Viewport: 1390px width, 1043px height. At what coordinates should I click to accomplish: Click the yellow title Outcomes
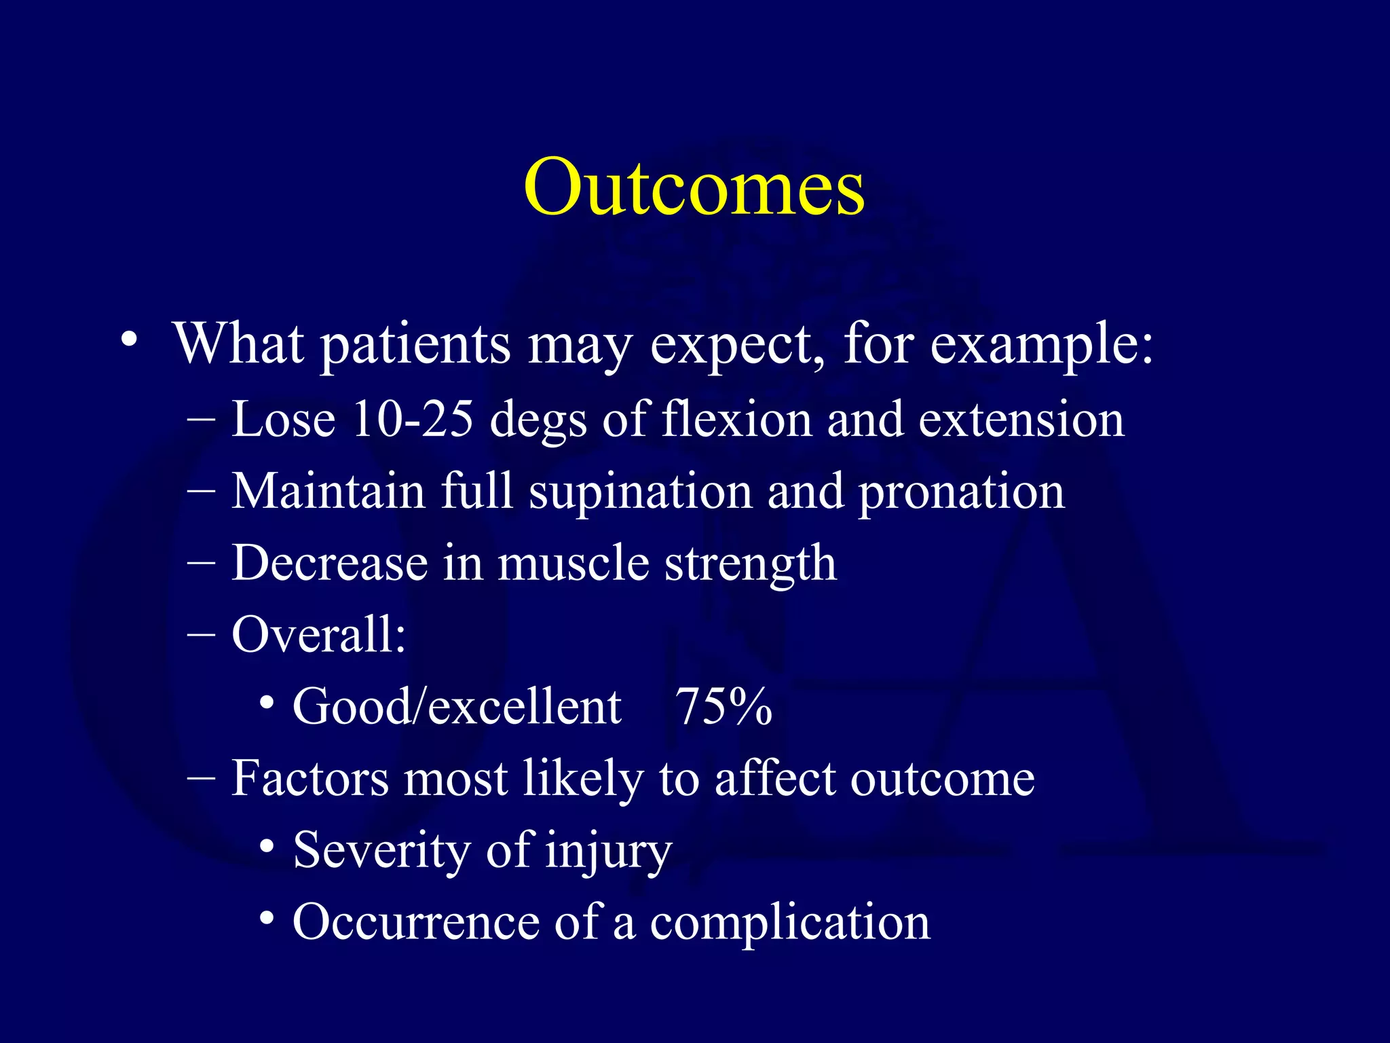(694, 187)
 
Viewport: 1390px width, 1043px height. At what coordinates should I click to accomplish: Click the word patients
(415, 346)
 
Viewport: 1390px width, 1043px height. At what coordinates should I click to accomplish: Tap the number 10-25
(412, 419)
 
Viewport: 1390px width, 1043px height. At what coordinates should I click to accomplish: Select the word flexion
(736, 419)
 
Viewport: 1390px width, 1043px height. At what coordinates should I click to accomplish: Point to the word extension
(1021, 419)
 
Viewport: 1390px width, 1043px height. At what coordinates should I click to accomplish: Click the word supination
(641, 492)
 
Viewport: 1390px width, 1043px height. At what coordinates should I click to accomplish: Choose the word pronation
(962, 492)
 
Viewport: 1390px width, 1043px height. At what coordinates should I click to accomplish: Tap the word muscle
(574, 564)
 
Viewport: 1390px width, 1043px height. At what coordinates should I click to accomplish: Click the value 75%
(724, 707)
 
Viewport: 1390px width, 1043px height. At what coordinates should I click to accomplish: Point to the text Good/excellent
(457, 707)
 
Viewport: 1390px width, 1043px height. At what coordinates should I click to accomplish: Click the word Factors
(310, 778)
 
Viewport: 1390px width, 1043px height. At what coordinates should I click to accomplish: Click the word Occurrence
(415, 922)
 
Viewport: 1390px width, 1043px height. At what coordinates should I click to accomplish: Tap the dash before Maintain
(201, 491)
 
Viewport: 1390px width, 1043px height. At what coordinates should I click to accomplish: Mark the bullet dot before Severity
(267, 846)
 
